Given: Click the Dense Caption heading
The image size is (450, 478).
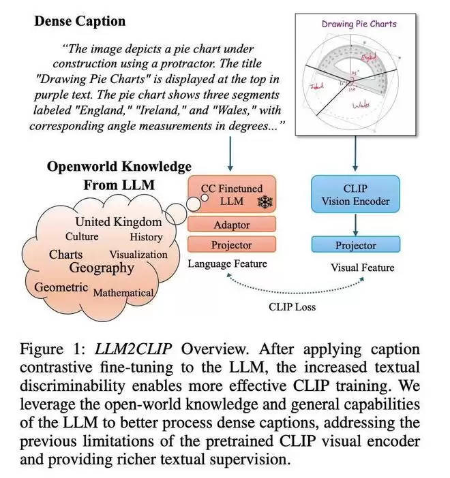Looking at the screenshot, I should [80, 21].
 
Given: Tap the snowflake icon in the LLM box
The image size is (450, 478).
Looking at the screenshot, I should [260, 202].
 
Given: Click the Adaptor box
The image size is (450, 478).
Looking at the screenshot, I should [232, 224].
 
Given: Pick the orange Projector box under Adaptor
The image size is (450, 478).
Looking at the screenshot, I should [232, 244].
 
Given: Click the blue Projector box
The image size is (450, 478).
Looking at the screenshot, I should [355, 245].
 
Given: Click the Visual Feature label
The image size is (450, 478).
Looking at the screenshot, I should [362, 268].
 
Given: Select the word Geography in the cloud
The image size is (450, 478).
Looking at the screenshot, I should [102, 268].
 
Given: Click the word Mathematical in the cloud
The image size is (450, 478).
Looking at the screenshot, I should [123, 293].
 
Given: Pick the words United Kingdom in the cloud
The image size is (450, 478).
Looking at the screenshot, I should [119, 222].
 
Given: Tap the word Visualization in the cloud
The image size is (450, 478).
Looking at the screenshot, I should [138, 254].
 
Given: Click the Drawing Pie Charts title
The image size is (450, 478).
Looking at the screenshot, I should [359, 24].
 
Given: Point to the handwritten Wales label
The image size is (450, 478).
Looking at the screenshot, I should [363, 103].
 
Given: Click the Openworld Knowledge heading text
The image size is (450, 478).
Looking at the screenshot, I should [119, 166].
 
